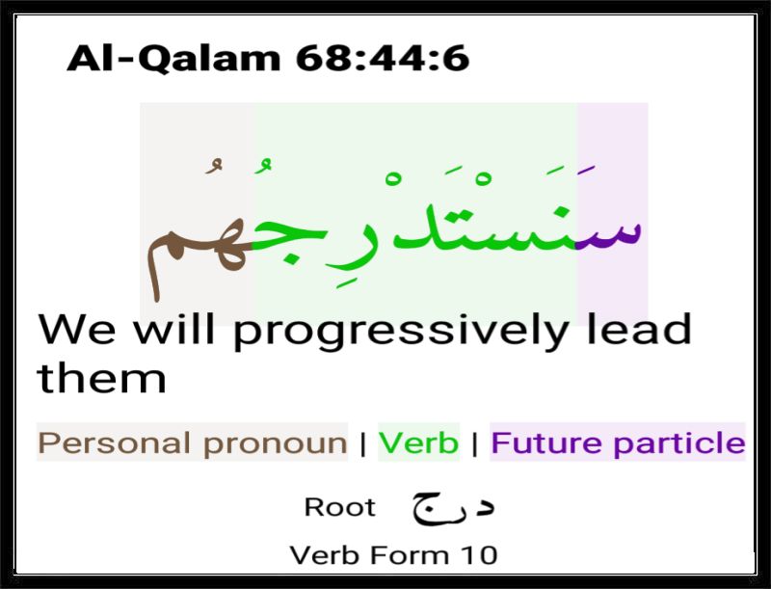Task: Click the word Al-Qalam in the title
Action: (173, 59)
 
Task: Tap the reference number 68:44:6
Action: (383, 58)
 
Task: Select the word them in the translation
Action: (102, 378)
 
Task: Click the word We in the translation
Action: (77, 329)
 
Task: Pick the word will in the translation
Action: (174, 328)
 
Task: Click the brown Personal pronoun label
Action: (193, 443)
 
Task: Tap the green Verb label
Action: (418, 442)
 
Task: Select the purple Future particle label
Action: (618, 442)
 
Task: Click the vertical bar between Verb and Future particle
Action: (474, 443)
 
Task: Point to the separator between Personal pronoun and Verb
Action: (363, 443)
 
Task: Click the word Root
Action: (340, 507)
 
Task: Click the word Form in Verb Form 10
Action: (410, 555)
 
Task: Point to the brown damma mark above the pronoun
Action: (214, 166)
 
